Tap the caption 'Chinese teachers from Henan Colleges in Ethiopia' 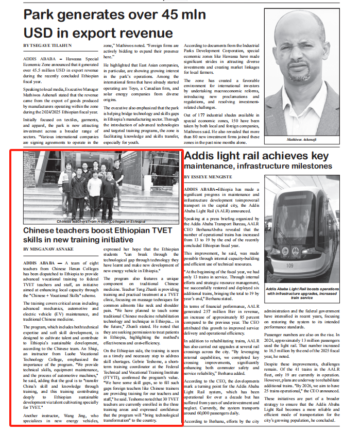pos(101,221)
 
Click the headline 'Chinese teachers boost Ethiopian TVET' pos(97,230)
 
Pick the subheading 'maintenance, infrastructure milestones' pos(258,166)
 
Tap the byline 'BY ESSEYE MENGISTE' pos(208,177)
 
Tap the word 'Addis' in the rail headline pos(198,156)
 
